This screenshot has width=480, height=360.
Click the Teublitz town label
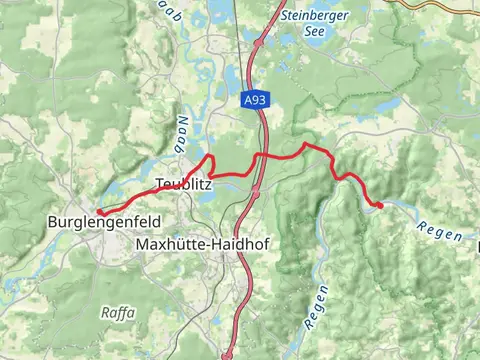(183, 184)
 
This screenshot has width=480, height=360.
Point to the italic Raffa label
(118, 312)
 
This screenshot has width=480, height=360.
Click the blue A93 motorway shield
(254, 101)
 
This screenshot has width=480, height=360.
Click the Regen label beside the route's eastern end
(440, 231)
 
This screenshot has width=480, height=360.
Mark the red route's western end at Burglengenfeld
(99, 211)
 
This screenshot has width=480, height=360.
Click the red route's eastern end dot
(379, 205)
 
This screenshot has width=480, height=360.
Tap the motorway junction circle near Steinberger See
(259, 43)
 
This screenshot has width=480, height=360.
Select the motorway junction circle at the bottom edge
(228, 353)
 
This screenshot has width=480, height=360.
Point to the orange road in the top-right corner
(440, 3)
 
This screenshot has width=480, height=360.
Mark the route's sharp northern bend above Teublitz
(210, 158)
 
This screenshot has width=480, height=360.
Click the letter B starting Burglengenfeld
(53, 222)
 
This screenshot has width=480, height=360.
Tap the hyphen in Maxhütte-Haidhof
(198, 244)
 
